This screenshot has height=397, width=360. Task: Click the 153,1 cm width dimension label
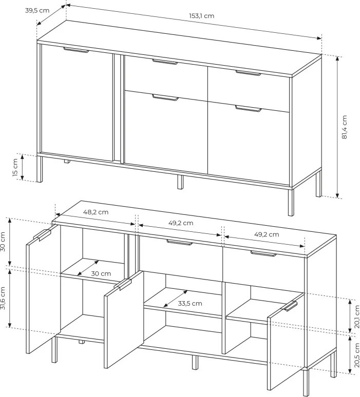coord(201,16)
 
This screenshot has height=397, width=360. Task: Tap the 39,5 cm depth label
coord(37,11)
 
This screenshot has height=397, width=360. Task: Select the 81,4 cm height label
coord(344,127)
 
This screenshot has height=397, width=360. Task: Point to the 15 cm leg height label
coord(15,168)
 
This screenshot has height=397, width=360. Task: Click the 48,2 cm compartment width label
coord(96,212)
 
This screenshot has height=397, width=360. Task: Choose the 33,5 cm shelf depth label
coord(190,303)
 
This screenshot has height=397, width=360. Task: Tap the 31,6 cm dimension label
coord(3,298)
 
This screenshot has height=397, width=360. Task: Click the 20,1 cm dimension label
coord(357,317)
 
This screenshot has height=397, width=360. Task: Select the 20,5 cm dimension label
coord(357,355)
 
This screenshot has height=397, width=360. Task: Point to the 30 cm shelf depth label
coord(101,274)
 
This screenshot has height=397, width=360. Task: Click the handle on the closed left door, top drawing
coord(76,50)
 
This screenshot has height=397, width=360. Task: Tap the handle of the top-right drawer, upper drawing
coord(248,73)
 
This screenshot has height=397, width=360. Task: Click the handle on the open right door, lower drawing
coord(290,306)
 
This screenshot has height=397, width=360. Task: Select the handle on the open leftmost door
coord(42,235)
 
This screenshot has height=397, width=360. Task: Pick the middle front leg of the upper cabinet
coord(180,182)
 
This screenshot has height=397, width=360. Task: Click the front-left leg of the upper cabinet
coord(40,169)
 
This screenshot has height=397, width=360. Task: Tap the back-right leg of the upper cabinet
coord(319,184)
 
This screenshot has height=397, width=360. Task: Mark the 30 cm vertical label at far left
coord(3,241)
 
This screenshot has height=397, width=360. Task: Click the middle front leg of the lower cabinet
coord(195,362)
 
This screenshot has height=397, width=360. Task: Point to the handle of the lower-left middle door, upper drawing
coord(165,97)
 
